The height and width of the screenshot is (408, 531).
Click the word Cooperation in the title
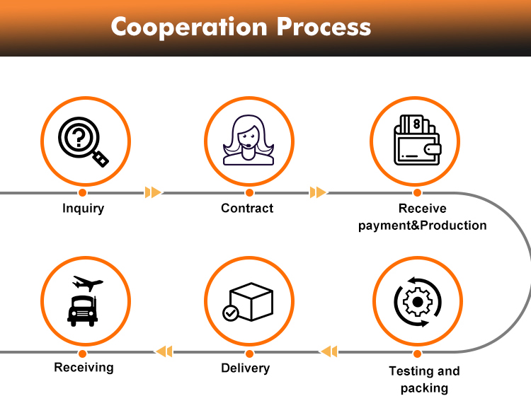coord(189,28)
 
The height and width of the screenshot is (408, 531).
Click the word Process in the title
coord(324,26)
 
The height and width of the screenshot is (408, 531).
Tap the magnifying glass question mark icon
coord(84,141)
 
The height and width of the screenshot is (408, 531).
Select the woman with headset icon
coord(249,140)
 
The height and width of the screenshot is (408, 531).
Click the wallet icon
coord(417,140)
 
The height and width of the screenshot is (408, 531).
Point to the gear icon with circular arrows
coord(418,302)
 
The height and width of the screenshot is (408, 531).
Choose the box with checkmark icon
coord(248,302)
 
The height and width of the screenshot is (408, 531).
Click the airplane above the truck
coord(88,283)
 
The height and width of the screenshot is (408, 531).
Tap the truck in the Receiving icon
coord(83,311)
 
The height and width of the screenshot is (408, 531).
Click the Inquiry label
coord(84,209)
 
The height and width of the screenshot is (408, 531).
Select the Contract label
coord(247,208)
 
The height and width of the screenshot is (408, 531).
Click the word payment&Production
coord(422,226)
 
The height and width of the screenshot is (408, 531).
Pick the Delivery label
coord(246,368)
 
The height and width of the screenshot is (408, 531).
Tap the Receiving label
coord(84,368)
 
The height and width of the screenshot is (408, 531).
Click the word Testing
coord(411,371)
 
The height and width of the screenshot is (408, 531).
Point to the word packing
coord(424,388)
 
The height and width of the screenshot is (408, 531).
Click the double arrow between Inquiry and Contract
coord(153,192)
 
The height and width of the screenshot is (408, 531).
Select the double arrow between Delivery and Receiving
coord(164,351)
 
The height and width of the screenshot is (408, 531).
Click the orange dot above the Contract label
coord(250,193)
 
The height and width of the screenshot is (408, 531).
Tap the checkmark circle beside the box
coord(231,313)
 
